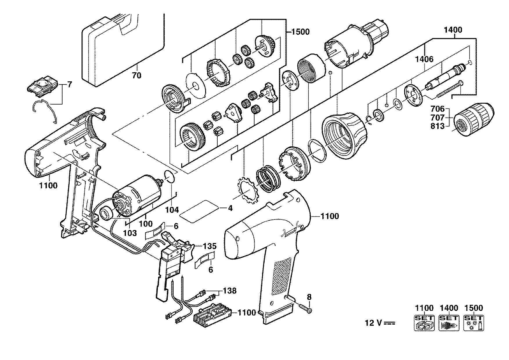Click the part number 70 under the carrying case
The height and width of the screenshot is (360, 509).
click(136, 75)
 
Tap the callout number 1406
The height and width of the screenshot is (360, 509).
click(424, 60)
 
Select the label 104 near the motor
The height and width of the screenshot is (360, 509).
click(172, 210)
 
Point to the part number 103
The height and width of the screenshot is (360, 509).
click(130, 233)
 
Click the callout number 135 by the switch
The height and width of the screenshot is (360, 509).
click(210, 246)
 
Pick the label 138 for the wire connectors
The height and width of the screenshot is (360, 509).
click(230, 290)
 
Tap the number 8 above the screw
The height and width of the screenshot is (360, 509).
click(309, 297)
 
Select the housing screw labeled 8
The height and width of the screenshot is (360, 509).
click(304, 307)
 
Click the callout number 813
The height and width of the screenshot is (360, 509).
click(438, 126)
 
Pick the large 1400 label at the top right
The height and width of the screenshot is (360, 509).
click(453, 30)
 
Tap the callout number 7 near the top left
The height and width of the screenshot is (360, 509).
click(69, 84)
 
